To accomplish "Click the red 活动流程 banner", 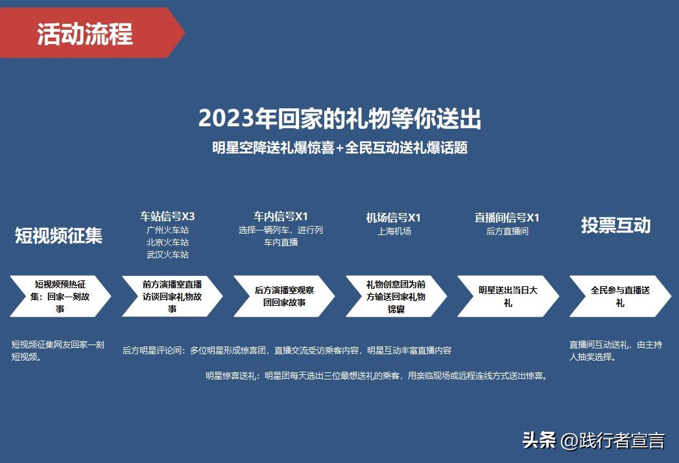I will (x=85, y=33).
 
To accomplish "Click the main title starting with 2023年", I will (x=339, y=119).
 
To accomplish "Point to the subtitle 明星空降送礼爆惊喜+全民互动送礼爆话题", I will (x=339, y=148).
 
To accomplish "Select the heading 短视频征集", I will (x=59, y=236).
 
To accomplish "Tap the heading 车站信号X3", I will (x=167, y=216).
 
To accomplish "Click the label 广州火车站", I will (x=167, y=230).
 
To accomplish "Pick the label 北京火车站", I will (x=167, y=242).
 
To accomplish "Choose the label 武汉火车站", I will (x=167, y=254).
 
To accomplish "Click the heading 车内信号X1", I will (x=280, y=216).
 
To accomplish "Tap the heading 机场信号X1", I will (x=394, y=217).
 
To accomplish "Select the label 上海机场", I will (x=394, y=231).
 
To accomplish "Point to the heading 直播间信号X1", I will (x=506, y=217).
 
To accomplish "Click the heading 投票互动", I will (x=615, y=226).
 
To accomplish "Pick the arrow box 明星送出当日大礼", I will (x=508, y=296).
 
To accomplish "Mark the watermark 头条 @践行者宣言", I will (x=593, y=441).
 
